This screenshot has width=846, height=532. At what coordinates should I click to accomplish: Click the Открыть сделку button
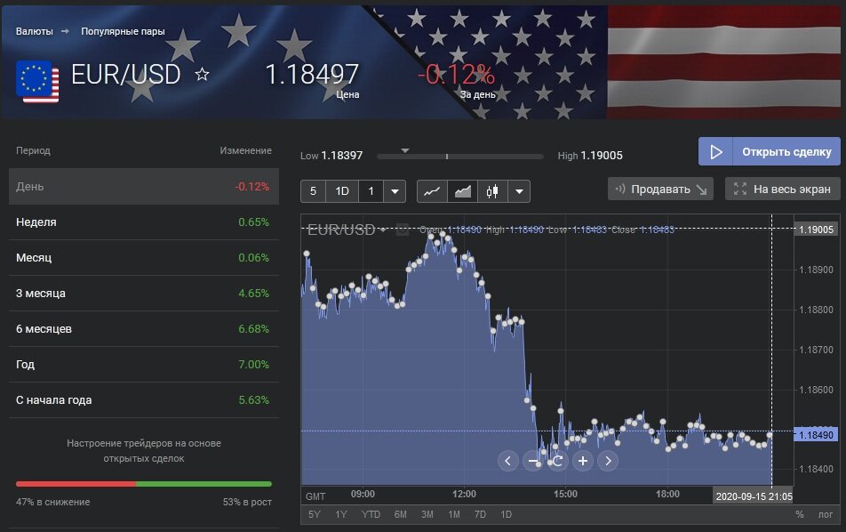(x=769, y=151)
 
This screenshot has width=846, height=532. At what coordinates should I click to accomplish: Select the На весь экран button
(x=782, y=189)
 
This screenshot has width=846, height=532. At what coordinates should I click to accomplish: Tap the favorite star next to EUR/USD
(x=202, y=74)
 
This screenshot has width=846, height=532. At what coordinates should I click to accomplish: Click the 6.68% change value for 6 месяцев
(x=253, y=329)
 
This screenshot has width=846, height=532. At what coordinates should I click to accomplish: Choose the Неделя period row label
(x=36, y=222)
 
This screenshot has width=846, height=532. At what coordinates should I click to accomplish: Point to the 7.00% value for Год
(x=253, y=365)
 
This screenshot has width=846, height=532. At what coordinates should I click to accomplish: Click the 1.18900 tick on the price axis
(x=816, y=270)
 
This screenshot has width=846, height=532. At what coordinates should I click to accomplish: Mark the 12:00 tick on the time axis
(x=464, y=495)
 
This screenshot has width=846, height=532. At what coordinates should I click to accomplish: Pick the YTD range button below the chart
(x=371, y=514)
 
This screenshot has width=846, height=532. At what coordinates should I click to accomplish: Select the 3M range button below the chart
(x=427, y=514)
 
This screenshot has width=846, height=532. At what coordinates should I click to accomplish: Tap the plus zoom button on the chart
(x=583, y=460)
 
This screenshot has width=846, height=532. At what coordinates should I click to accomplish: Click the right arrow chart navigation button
(x=607, y=460)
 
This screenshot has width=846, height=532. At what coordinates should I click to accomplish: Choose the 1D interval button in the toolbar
(x=341, y=191)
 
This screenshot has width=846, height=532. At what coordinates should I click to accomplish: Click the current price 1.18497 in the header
(x=312, y=74)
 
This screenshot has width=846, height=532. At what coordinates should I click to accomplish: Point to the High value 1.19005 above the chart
(x=602, y=156)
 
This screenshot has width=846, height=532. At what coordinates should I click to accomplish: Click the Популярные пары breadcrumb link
(x=123, y=31)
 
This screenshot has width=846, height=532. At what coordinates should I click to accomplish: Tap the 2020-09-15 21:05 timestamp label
(x=754, y=496)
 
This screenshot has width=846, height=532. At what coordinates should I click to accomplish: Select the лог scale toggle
(x=826, y=514)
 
